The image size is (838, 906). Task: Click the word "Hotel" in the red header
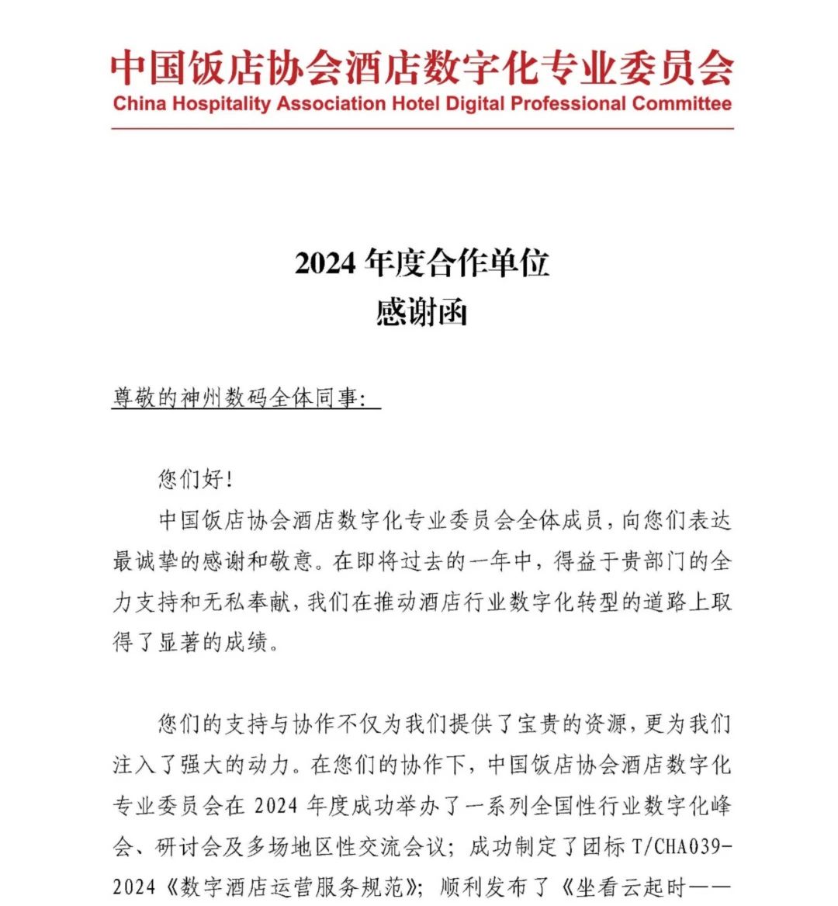tap(415, 104)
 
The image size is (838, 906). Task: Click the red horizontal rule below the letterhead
tap(422, 128)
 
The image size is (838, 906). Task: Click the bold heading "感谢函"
tap(422, 313)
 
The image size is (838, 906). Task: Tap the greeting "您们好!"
tap(196, 480)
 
